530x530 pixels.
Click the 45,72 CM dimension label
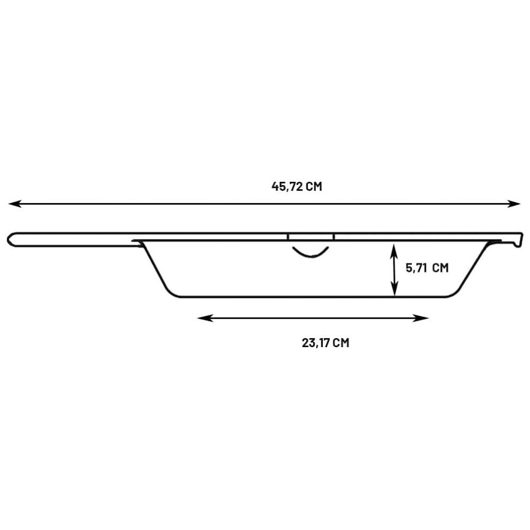coord(297,187)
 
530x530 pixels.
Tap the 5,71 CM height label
coord(427,268)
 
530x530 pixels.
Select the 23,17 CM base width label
coord(325,343)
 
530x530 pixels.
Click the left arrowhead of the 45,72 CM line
coord(15,204)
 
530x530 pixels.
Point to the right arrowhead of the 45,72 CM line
coord(514,204)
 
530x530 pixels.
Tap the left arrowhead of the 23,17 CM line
coord(205,318)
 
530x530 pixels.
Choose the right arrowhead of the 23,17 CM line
coord(421,318)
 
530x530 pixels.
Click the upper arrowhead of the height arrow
coord(394,251)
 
